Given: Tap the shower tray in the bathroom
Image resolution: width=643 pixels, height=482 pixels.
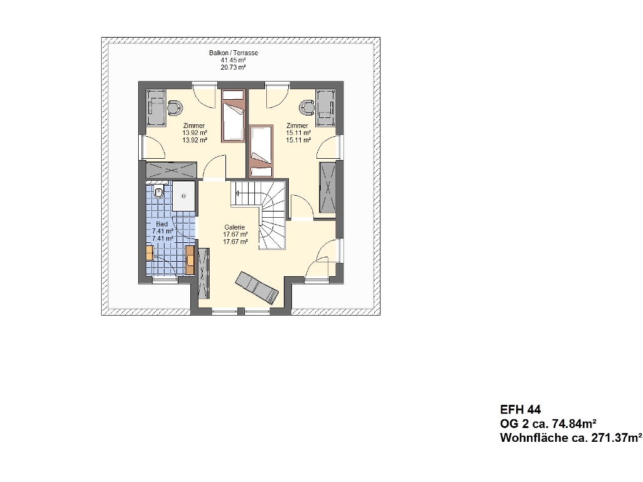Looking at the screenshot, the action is coord(183,196).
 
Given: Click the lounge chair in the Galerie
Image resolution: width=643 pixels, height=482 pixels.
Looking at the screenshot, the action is coord(257,287).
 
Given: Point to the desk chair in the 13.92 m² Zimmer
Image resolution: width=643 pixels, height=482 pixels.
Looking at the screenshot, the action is coord(175,107).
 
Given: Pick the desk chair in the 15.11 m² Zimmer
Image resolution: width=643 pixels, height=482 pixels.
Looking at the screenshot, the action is coord(306,107).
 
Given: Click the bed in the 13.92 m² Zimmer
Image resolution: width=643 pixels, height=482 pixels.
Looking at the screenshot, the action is coord(233,115).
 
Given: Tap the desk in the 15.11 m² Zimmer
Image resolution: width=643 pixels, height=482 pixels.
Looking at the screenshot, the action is coord(326,108).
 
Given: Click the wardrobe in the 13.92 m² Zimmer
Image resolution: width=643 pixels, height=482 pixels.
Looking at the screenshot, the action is coord(171,170).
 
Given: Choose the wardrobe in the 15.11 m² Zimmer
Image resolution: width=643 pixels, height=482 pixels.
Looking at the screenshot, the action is coord(327,187).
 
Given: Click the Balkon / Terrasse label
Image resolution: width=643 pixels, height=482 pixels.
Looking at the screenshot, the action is coord(234,53).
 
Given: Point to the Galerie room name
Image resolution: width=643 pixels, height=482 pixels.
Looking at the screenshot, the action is coord(235,227).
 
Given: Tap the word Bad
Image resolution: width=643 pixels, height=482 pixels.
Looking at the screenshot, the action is coord(162,224).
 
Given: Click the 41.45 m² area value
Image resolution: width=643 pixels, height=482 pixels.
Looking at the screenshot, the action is coord(234,60).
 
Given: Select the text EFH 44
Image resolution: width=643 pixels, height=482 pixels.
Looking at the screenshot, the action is coord(521,409).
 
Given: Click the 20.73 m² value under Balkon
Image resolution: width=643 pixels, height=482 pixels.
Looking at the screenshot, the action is coord(234,68).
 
